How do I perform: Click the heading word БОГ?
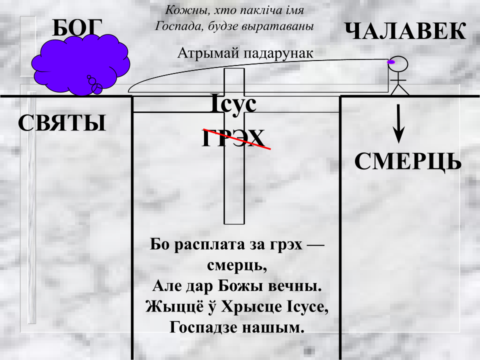pyautogui.click(x=77, y=28)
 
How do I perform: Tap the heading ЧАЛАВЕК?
pyautogui.click(x=405, y=31)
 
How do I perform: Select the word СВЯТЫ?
pyautogui.click(x=62, y=123)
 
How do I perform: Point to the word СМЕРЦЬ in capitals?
pyautogui.click(x=408, y=161)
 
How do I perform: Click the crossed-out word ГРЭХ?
pyautogui.click(x=233, y=138)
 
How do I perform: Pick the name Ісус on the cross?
pyautogui.click(x=234, y=104)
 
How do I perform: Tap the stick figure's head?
pyautogui.click(x=398, y=64)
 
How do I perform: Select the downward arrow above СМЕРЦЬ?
pyautogui.click(x=398, y=123)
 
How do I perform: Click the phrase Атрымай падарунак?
pyautogui.click(x=245, y=53)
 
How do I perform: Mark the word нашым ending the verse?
pyautogui.click(x=273, y=328)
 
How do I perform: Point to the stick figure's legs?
pyautogui.click(x=399, y=89)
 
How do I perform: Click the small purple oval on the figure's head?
pyautogui.click(x=391, y=62)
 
